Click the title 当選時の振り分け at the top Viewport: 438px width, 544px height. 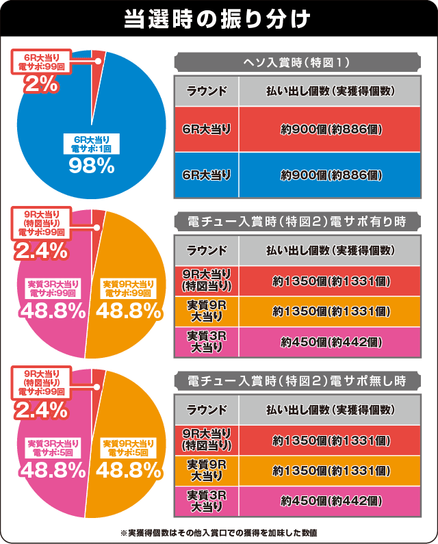pyautogui.click(x=218, y=18)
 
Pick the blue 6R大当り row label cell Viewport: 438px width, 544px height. pyautogui.click(x=207, y=175)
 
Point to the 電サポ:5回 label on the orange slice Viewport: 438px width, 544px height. pyautogui.click(x=127, y=452)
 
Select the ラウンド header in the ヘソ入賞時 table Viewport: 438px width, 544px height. pyautogui.click(x=207, y=91)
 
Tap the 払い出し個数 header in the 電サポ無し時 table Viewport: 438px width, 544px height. pyautogui.click(x=331, y=410)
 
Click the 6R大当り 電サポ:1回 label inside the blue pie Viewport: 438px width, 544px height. pyautogui.click(x=91, y=143)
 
